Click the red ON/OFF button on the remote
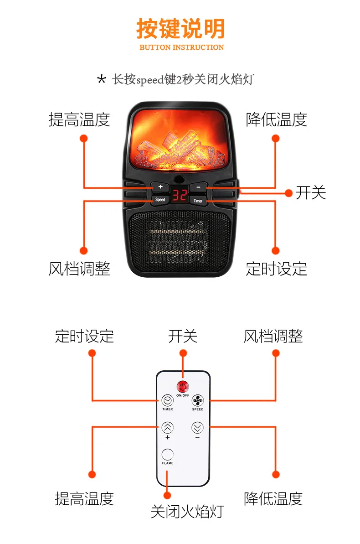click(x=183, y=386)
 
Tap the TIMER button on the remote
click(x=167, y=400)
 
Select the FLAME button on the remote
click(x=168, y=454)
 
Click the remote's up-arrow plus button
click(x=168, y=427)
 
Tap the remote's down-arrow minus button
click(x=197, y=427)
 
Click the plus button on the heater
click(x=160, y=187)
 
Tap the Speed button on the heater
click(x=160, y=199)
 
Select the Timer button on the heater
click(x=198, y=201)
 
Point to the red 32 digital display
click(x=179, y=195)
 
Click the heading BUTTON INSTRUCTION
click(x=182, y=47)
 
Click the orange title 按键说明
click(x=180, y=28)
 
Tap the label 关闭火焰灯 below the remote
click(x=187, y=512)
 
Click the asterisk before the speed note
click(x=101, y=79)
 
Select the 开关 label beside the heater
click(x=311, y=192)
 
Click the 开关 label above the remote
click(x=183, y=336)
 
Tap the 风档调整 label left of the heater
click(x=79, y=269)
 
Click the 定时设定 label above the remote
click(x=84, y=336)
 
